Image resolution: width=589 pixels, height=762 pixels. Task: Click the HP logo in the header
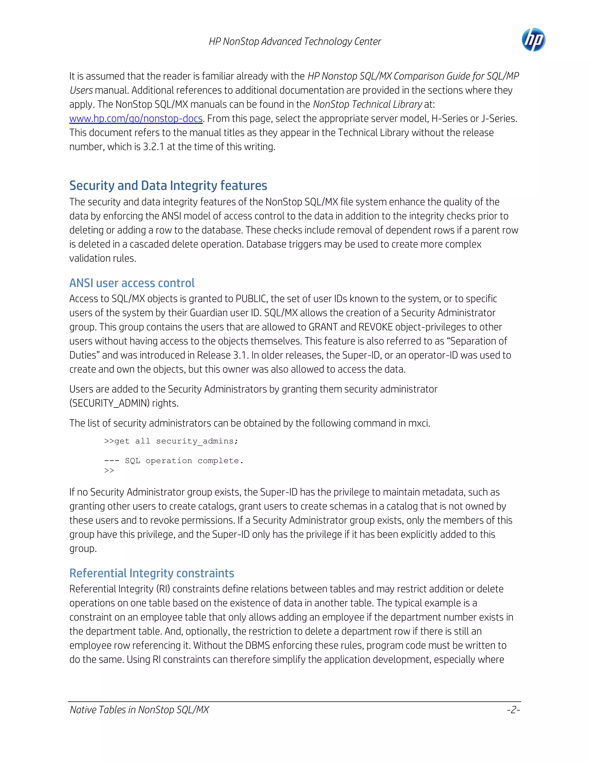click(x=533, y=40)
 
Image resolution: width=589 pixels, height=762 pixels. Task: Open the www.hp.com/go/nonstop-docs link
click(x=136, y=119)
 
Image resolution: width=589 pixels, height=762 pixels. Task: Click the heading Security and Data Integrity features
click(x=168, y=186)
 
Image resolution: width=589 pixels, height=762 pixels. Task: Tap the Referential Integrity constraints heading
click(x=152, y=573)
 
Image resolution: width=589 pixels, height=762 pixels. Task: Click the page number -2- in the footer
click(x=513, y=710)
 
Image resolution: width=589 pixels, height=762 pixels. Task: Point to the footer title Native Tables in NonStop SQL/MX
click(x=139, y=710)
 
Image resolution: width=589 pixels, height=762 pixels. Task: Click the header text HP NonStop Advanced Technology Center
click(x=295, y=41)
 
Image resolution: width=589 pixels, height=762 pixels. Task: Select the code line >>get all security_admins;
click(x=171, y=441)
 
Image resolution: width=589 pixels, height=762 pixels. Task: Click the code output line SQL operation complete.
click(x=184, y=461)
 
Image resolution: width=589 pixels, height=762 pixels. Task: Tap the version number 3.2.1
click(x=153, y=147)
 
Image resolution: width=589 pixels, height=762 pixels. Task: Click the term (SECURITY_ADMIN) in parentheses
click(x=109, y=403)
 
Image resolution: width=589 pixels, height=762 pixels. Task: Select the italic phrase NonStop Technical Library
click(x=368, y=104)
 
